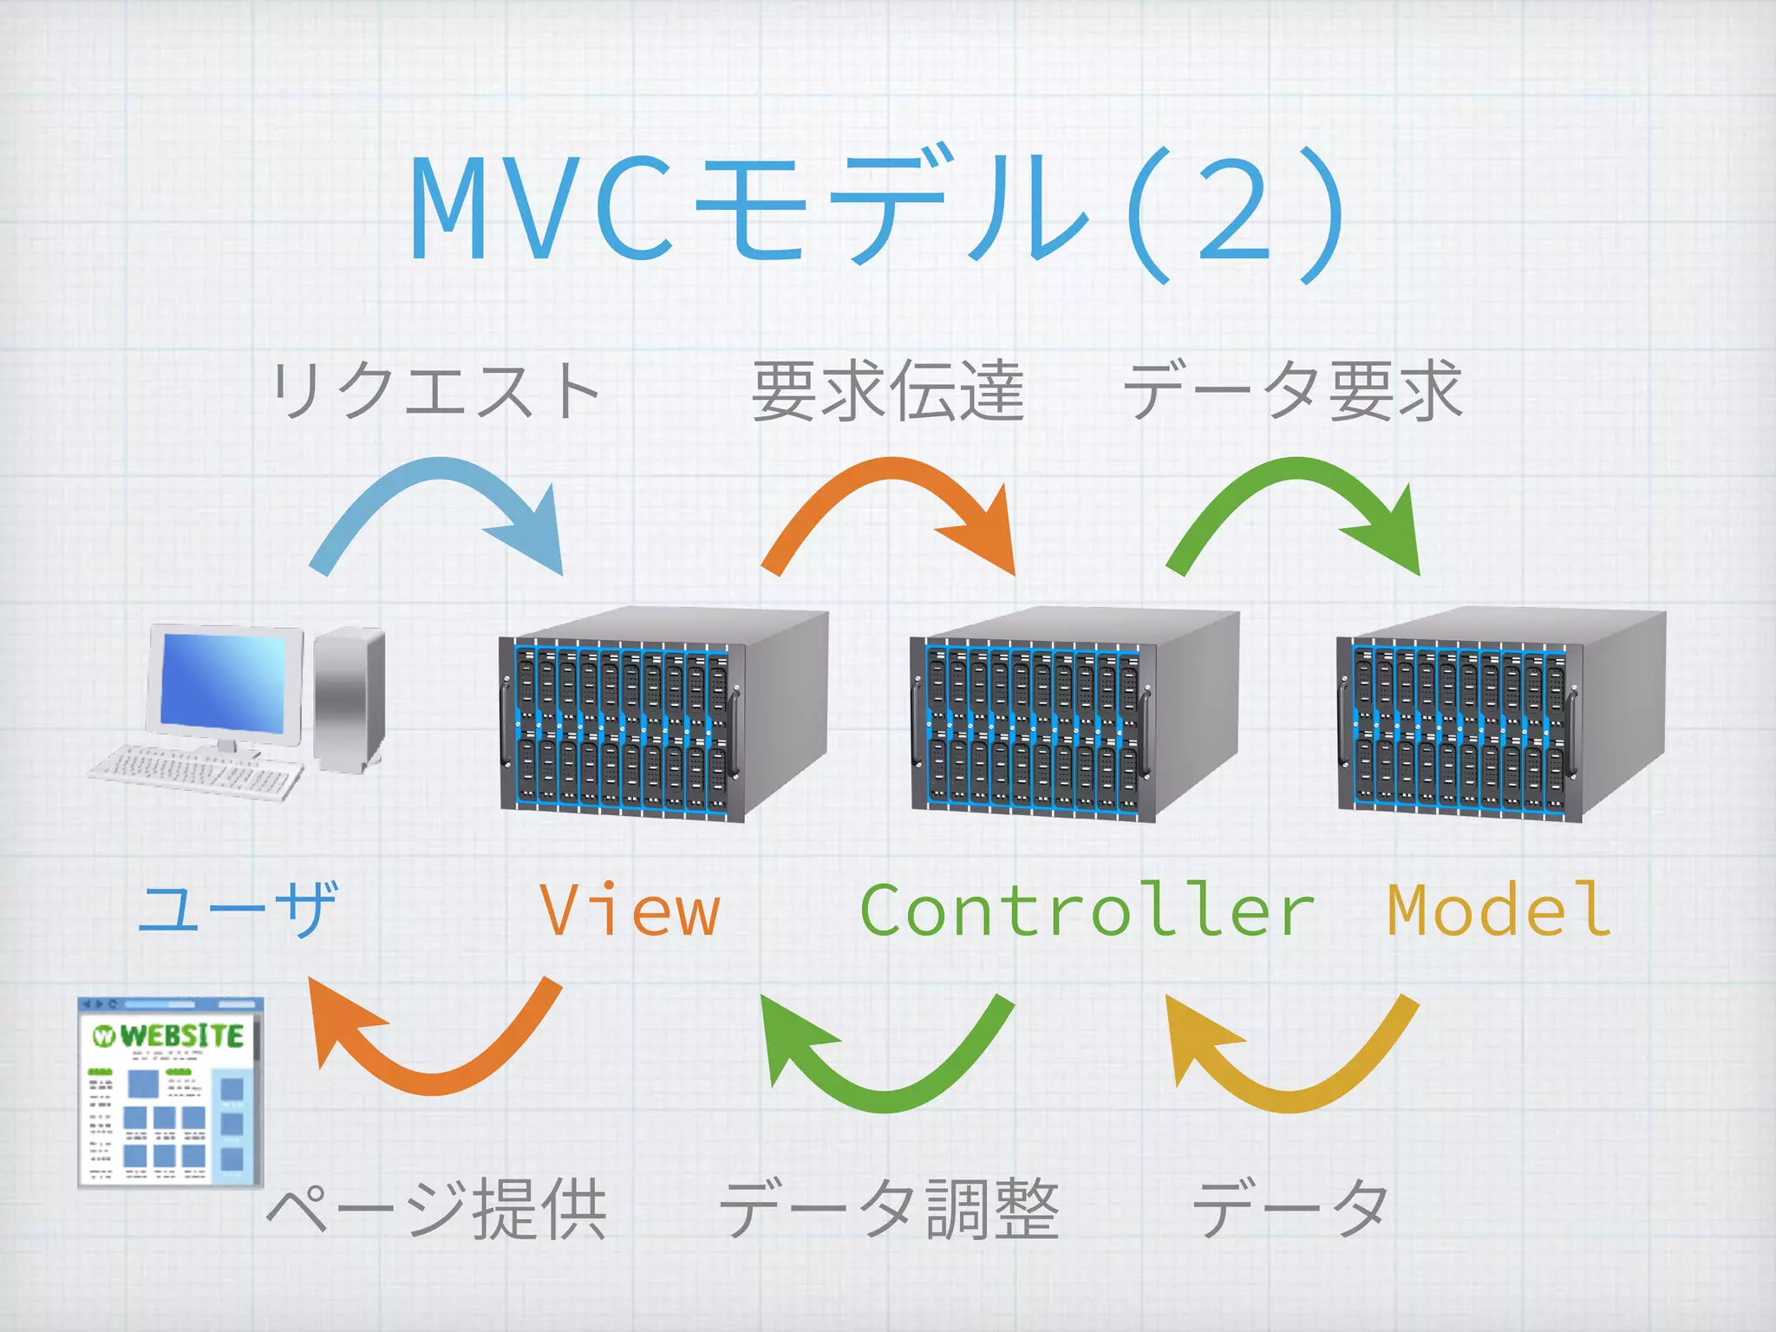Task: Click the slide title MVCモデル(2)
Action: (876, 212)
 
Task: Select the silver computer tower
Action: (349, 698)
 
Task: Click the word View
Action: (630, 911)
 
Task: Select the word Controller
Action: (1087, 911)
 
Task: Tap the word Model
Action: (1498, 911)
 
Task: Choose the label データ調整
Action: (889, 1208)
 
